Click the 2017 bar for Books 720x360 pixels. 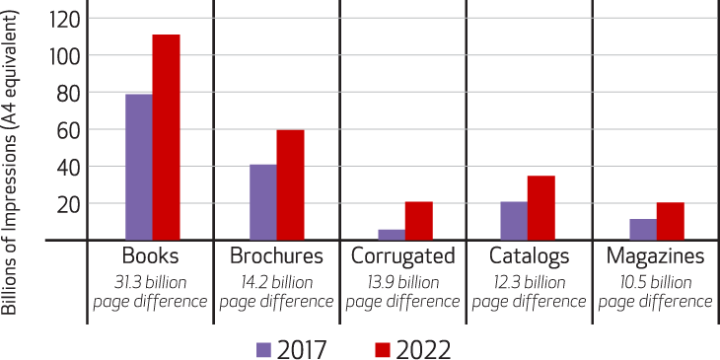139,166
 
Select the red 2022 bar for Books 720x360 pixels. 167,137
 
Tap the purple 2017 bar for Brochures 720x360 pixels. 263,201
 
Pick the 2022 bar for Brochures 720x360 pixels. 291,184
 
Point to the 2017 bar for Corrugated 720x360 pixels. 364,234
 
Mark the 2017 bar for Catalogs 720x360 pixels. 513,220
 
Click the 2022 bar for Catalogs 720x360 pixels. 541,207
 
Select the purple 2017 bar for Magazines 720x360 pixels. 642,229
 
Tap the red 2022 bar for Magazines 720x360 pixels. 670,221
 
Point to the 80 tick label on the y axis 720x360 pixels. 66,93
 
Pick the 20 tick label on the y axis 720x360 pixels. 66,203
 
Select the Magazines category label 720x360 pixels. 656,256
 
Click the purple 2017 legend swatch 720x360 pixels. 263,348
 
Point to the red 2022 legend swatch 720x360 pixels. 384,348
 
